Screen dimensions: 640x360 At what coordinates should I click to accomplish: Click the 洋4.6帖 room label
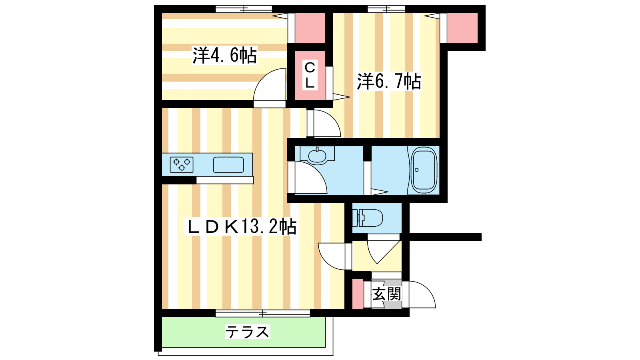coord(224,55)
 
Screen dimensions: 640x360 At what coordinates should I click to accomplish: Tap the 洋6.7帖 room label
coord(389,82)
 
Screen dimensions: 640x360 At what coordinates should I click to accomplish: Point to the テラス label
coord(248,332)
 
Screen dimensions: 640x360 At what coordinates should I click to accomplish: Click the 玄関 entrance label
coord(387,294)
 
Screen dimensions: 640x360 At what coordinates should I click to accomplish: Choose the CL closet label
coord(310,75)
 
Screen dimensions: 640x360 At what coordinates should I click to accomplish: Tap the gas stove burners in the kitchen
coord(182,165)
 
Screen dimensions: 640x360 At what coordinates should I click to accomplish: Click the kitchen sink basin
coord(228,165)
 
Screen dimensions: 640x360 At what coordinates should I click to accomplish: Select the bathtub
coord(424,170)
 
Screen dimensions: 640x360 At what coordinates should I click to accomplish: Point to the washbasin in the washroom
coord(317,156)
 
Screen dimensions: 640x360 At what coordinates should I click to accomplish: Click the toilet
coord(368,218)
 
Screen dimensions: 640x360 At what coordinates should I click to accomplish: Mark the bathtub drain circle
coord(416,170)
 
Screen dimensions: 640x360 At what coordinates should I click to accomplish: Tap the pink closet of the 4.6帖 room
coord(310,28)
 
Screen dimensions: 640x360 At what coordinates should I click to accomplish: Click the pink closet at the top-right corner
coord(462,28)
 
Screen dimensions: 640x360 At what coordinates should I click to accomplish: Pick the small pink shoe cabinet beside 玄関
coord(358,294)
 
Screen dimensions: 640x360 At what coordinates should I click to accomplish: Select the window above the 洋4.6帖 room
coord(244,9)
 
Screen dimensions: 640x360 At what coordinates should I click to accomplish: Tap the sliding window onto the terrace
coord(263,314)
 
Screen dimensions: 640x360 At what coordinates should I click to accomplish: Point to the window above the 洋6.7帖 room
coord(386,9)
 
